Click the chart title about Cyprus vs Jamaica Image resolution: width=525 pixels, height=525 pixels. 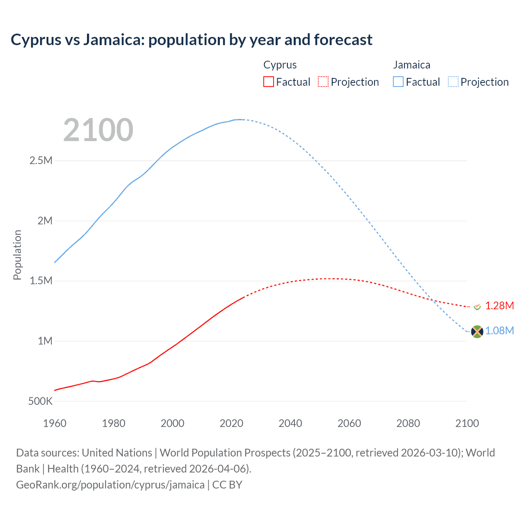click(x=192, y=40)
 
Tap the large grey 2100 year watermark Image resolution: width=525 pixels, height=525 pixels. click(x=98, y=130)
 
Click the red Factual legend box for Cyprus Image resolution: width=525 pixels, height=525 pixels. click(x=268, y=82)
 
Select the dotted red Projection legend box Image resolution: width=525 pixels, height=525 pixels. click(x=323, y=82)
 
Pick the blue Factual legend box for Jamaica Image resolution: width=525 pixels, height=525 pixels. click(x=398, y=82)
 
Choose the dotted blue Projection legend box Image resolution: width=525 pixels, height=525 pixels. click(x=453, y=82)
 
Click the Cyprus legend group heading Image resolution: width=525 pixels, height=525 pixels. click(x=280, y=65)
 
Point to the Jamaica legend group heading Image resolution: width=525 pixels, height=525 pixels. click(x=411, y=65)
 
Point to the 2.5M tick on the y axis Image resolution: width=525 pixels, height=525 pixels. click(x=41, y=160)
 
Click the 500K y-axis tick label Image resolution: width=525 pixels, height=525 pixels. click(x=40, y=401)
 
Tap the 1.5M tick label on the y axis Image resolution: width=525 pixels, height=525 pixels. click(x=41, y=281)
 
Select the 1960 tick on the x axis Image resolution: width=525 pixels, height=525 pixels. click(x=55, y=423)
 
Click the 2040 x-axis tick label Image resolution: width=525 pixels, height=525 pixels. click(x=290, y=423)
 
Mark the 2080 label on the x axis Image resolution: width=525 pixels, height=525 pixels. click(x=408, y=423)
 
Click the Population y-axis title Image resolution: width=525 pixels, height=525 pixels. click(x=17, y=255)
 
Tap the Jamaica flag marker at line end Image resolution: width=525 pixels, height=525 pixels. click(x=477, y=331)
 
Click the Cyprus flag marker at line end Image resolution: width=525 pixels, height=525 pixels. click(x=477, y=306)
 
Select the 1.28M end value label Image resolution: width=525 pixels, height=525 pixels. click(x=499, y=306)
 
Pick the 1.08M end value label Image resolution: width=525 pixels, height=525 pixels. click(x=499, y=331)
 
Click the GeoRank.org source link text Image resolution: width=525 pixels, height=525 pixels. click(x=110, y=485)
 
